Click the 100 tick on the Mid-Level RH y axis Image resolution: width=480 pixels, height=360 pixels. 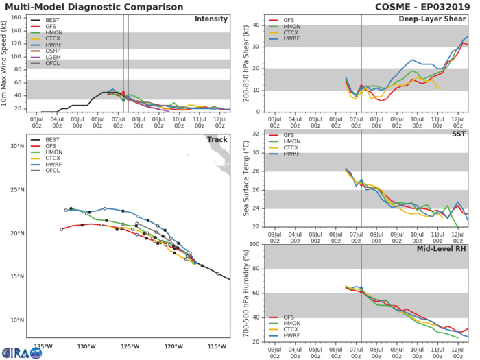(x=254, y=244)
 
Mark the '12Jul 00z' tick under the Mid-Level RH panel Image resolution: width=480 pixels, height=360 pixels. (x=457, y=351)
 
